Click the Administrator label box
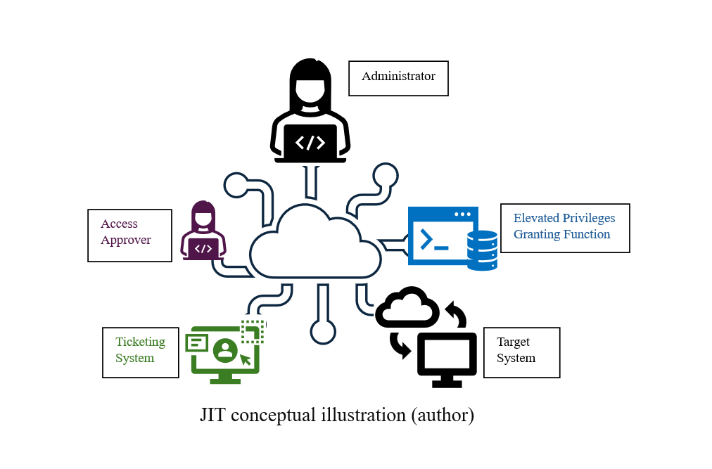pyautogui.click(x=398, y=77)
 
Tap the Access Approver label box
pyautogui.click(x=129, y=235)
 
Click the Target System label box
pyautogui.click(x=521, y=352)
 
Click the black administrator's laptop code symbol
pyautogui.click(x=310, y=143)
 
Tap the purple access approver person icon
pyautogui.click(x=203, y=231)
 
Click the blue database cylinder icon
pyautogui.click(x=483, y=250)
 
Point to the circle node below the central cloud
pyautogui.click(x=323, y=332)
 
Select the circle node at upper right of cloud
pyautogui.click(x=386, y=174)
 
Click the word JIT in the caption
pyautogui.click(x=213, y=415)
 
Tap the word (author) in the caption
pyautogui.click(x=442, y=415)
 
